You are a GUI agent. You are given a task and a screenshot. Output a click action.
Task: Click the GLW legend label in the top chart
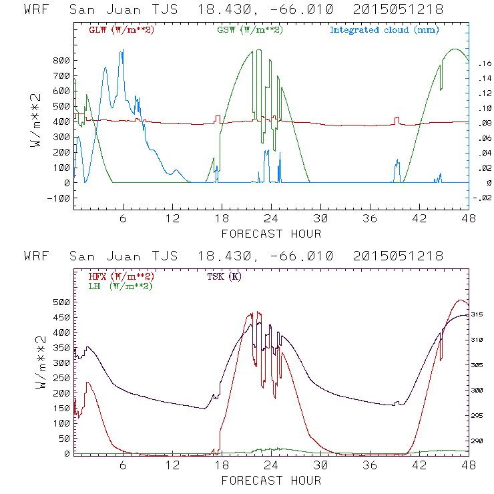point(121,30)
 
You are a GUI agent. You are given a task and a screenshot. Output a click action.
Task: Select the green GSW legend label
point(249,30)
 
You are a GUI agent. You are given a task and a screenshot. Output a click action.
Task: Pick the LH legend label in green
point(121,286)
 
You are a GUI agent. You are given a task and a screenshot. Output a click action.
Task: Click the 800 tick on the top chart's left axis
point(61,61)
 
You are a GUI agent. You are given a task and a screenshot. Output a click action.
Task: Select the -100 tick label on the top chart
point(57,198)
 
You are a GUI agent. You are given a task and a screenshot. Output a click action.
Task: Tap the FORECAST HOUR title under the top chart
point(271,234)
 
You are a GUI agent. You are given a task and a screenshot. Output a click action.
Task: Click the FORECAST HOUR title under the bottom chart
point(271,480)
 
